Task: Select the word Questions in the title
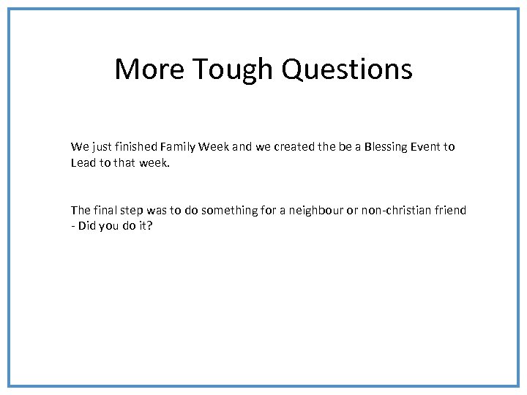pos(347,69)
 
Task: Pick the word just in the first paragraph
pos(102,146)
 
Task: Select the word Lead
pos(83,162)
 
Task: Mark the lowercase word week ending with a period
pos(154,162)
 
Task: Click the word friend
pos(449,210)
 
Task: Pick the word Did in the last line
pos(87,226)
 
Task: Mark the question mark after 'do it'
pos(150,226)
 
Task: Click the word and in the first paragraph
pos(242,146)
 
